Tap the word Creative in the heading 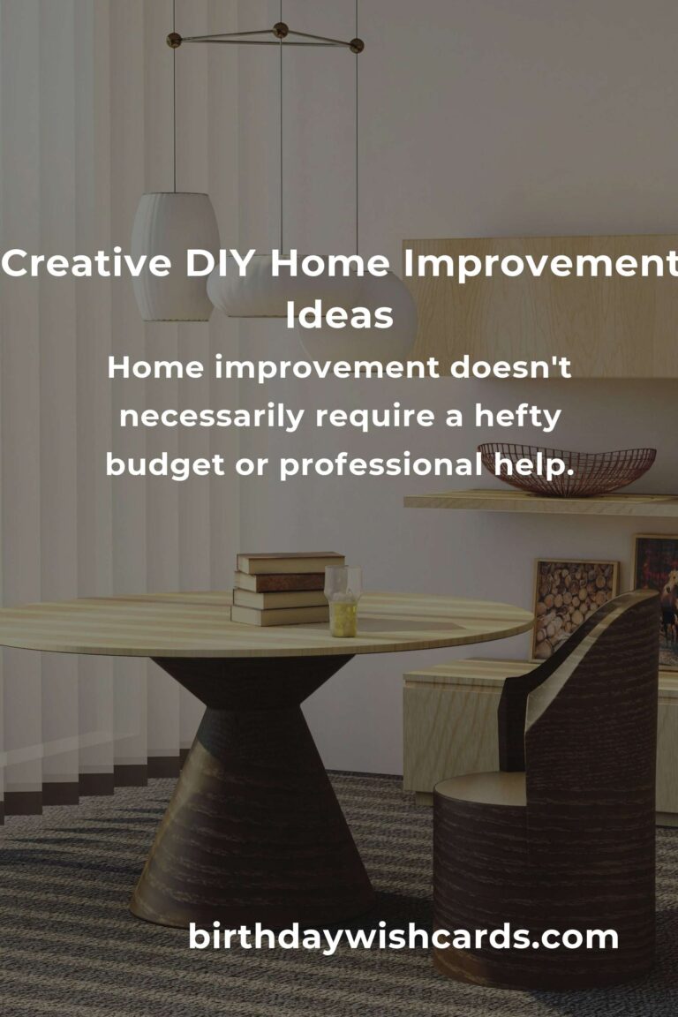click(x=87, y=263)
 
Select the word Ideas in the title click(x=339, y=314)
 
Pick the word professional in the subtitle click(x=380, y=465)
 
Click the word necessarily click(x=212, y=417)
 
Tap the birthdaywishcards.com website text click(x=403, y=937)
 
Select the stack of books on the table click(x=288, y=588)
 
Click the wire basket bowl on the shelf click(x=567, y=468)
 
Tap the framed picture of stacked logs click(x=573, y=608)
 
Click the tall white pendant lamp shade click(x=175, y=255)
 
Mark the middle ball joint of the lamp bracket click(x=280, y=30)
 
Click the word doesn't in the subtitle click(x=510, y=367)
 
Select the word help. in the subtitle click(x=533, y=465)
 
